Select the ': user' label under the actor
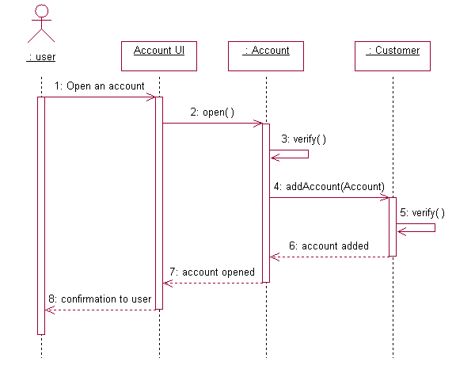click(x=41, y=56)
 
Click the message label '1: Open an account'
click(x=100, y=86)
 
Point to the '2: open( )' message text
click(x=212, y=112)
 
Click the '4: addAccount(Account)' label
click(x=329, y=186)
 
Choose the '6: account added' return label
click(x=329, y=245)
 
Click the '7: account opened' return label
click(x=212, y=272)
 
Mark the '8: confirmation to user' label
click(x=100, y=299)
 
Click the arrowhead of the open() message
click(x=259, y=124)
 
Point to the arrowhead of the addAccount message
click(x=386, y=198)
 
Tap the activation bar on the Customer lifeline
click(x=393, y=226)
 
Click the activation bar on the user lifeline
click(x=41, y=214)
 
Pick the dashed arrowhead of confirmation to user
click(x=48, y=310)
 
